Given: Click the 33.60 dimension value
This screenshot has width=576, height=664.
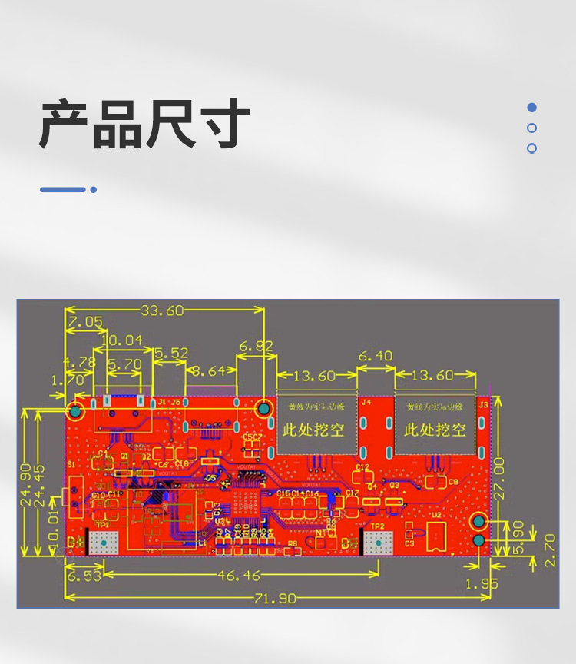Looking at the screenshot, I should click(162, 310).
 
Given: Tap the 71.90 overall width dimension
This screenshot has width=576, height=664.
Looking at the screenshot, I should click(274, 599).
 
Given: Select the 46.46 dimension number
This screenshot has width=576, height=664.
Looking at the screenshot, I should click(239, 575).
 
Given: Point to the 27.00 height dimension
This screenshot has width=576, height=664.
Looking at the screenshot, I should click(500, 478).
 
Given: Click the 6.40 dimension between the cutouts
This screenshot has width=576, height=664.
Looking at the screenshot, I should click(376, 356).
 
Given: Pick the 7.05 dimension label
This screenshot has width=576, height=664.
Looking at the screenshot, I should click(84, 322).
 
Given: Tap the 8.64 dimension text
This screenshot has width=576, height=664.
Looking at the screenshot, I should click(209, 370).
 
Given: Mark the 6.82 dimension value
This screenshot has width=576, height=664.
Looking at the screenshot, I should click(256, 347).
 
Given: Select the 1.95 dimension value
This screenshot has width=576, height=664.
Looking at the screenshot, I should click(482, 584).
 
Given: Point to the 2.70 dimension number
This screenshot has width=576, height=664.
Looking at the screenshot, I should click(550, 550).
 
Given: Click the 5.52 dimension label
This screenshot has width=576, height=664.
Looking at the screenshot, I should click(170, 353).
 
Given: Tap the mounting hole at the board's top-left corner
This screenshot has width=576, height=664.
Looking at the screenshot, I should click(75, 411).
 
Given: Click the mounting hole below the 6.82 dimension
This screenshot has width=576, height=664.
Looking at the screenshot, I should click(263, 410).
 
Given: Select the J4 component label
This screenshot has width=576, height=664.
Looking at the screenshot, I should click(366, 402).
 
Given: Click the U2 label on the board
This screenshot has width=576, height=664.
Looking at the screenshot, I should click(436, 516).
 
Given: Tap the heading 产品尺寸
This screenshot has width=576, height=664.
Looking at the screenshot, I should click(144, 123).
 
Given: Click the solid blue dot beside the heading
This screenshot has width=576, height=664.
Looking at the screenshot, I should click(531, 108).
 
